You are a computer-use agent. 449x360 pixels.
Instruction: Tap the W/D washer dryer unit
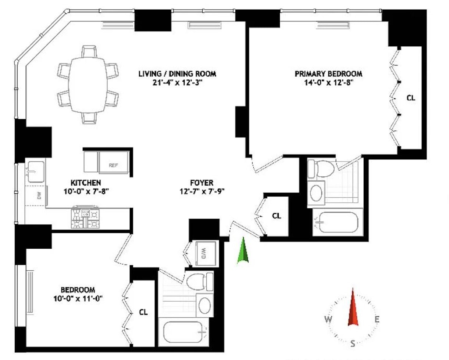click(205, 253)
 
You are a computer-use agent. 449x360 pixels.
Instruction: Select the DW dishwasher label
click(39, 196)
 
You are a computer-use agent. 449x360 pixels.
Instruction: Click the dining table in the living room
click(88, 84)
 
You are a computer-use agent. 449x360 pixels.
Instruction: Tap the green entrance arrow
click(242, 251)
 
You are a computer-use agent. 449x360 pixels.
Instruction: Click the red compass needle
click(353, 307)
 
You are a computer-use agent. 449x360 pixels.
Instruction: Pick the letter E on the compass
click(377, 319)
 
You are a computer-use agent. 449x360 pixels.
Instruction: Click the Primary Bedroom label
click(328, 74)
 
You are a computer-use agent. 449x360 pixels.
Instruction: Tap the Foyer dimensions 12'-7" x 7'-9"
click(202, 191)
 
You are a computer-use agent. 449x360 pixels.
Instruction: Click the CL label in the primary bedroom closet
click(411, 98)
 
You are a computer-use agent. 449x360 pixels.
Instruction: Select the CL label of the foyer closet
click(277, 216)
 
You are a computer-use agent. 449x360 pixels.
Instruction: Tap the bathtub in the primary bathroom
click(338, 222)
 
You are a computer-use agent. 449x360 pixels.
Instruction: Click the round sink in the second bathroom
click(205, 305)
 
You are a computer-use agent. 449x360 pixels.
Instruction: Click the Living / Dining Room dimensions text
click(177, 83)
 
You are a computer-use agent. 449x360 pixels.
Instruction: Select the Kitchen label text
click(86, 183)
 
